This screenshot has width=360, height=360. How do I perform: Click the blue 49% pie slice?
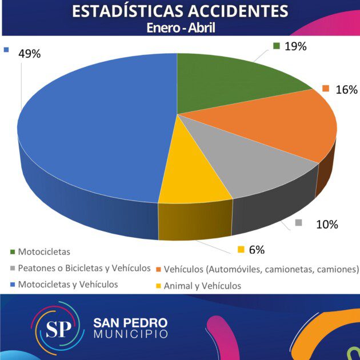tap(91, 131)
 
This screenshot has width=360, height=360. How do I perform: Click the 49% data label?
tap(29, 54)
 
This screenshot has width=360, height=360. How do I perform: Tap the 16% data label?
tap(346, 90)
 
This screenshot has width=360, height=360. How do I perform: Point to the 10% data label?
tap(327, 224)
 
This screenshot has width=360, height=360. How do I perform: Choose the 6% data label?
tap(256, 250)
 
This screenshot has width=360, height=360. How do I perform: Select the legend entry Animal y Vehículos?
tap(202, 286)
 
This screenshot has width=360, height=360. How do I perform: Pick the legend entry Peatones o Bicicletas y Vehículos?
tap(84, 268)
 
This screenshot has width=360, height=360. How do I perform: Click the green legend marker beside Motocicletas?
tap(13, 251)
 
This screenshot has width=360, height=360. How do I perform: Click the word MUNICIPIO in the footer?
tap(130, 333)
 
